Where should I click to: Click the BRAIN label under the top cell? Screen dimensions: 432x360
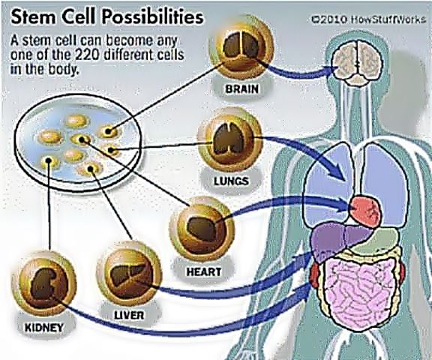[242, 89]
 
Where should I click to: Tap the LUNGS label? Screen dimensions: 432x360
[232, 181]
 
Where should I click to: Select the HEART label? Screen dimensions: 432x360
[204, 271]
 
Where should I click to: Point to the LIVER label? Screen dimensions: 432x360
[129, 315]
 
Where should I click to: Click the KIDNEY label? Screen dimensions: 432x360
[44, 328]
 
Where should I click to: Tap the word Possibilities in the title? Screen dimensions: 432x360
[153, 18]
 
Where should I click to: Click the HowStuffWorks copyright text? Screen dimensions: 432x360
[368, 19]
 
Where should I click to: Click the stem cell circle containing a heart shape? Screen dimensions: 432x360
[202, 229]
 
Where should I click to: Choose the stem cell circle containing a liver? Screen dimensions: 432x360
[129, 274]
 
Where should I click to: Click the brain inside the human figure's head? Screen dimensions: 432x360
[356, 61]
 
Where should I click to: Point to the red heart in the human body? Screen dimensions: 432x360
[365, 210]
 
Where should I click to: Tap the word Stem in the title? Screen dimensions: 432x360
[30, 18]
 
